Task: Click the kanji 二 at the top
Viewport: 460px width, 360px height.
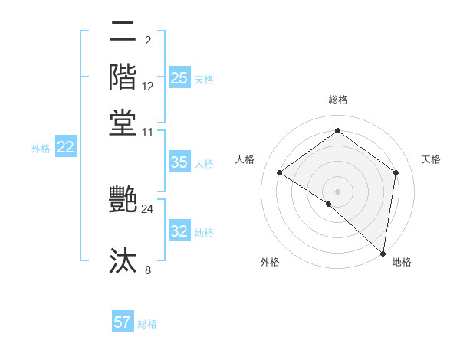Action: [123, 31]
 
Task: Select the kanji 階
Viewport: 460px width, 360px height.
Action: [123, 77]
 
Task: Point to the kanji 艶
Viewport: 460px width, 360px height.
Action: [123, 199]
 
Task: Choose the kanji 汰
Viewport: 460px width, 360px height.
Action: [123, 260]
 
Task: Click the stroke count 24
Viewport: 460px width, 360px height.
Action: [147, 208]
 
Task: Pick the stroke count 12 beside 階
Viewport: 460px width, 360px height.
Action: [147, 86]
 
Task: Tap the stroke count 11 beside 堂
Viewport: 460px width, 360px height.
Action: [147, 132]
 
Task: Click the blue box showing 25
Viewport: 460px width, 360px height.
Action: [179, 78]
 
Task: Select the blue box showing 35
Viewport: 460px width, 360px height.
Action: [179, 162]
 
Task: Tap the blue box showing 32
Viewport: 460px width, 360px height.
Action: [179, 231]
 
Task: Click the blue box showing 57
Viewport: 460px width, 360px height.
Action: [123, 322]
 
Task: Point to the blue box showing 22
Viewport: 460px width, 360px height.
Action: [65, 147]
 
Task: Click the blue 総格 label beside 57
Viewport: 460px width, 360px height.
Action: [147, 324]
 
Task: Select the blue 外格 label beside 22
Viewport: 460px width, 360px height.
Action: [40, 149]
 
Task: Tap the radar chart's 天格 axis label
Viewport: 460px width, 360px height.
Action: [431, 159]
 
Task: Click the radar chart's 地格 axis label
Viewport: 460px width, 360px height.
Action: [402, 262]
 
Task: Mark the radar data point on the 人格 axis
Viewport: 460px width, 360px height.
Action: [280, 173]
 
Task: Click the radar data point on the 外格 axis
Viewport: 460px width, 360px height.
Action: [329, 204]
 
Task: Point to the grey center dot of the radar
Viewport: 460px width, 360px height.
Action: [337, 191]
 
